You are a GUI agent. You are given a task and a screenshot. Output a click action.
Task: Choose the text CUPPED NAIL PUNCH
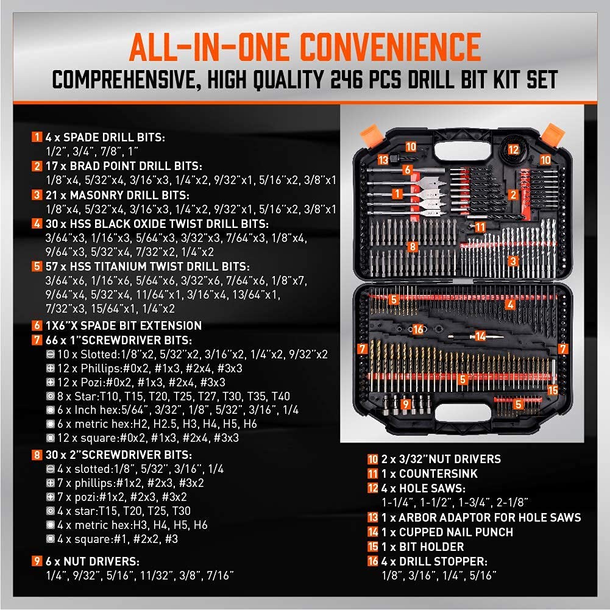pos(447,532)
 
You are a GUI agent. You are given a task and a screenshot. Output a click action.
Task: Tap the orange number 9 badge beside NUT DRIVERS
pos(38,561)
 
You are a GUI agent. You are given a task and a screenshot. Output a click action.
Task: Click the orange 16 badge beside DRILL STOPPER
pos(372,561)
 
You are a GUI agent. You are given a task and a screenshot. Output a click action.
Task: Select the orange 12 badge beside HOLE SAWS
pos(372,488)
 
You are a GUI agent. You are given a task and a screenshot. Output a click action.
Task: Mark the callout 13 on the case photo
pos(383,159)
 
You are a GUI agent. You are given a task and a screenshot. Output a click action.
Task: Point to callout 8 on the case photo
pos(413,247)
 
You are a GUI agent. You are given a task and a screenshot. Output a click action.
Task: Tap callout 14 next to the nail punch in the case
pos(481,336)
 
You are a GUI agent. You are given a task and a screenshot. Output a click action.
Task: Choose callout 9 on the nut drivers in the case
pos(406,403)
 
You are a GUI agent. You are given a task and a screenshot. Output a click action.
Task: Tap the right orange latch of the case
pos(553,133)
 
